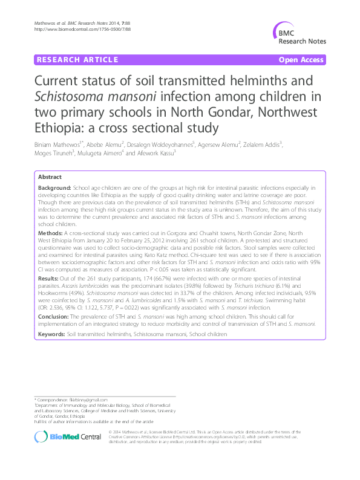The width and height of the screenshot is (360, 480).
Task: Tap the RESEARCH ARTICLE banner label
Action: (77, 60)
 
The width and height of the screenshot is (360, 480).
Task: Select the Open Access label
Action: (301, 60)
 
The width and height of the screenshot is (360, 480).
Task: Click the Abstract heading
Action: (50, 177)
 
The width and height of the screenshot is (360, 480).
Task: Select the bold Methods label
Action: (50, 232)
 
